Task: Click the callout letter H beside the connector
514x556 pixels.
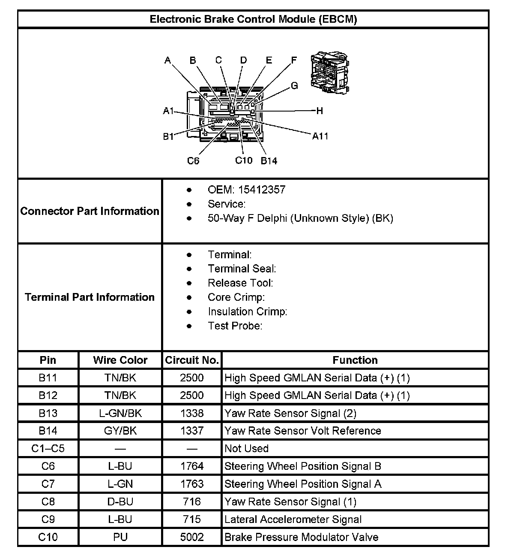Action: [x=319, y=111]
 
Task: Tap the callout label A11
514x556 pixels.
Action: [x=320, y=136]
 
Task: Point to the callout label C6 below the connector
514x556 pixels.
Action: [x=193, y=161]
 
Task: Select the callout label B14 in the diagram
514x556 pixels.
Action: [x=269, y=161]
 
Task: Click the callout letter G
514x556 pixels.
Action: [x=294, y=86]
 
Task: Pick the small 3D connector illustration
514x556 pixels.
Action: [x=330, y=73]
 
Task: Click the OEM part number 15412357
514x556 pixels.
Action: [x=262, y=190]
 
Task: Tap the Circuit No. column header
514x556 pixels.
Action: [x=192, y=360]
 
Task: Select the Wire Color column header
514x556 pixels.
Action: [x=120, y=360]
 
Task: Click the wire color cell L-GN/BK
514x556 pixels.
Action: [x=120, y=413]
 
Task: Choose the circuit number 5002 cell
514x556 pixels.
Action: [x=192, y=537]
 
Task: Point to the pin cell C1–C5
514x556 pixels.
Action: [x=48, y=448]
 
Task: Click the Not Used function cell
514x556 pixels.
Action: [x=247, y=448]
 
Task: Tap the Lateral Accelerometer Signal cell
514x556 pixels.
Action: [x=293, y=520]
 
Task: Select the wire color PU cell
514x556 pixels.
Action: [x=120, y=537]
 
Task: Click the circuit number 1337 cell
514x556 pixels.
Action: [x=192, y=431]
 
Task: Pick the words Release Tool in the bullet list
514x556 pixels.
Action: [x=240, y=283]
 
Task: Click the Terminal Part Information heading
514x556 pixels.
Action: [x=90, y=297]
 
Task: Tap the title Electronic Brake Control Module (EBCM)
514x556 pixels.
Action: [x=253, y=19]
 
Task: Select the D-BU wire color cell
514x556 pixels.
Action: [x=120, y=502]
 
